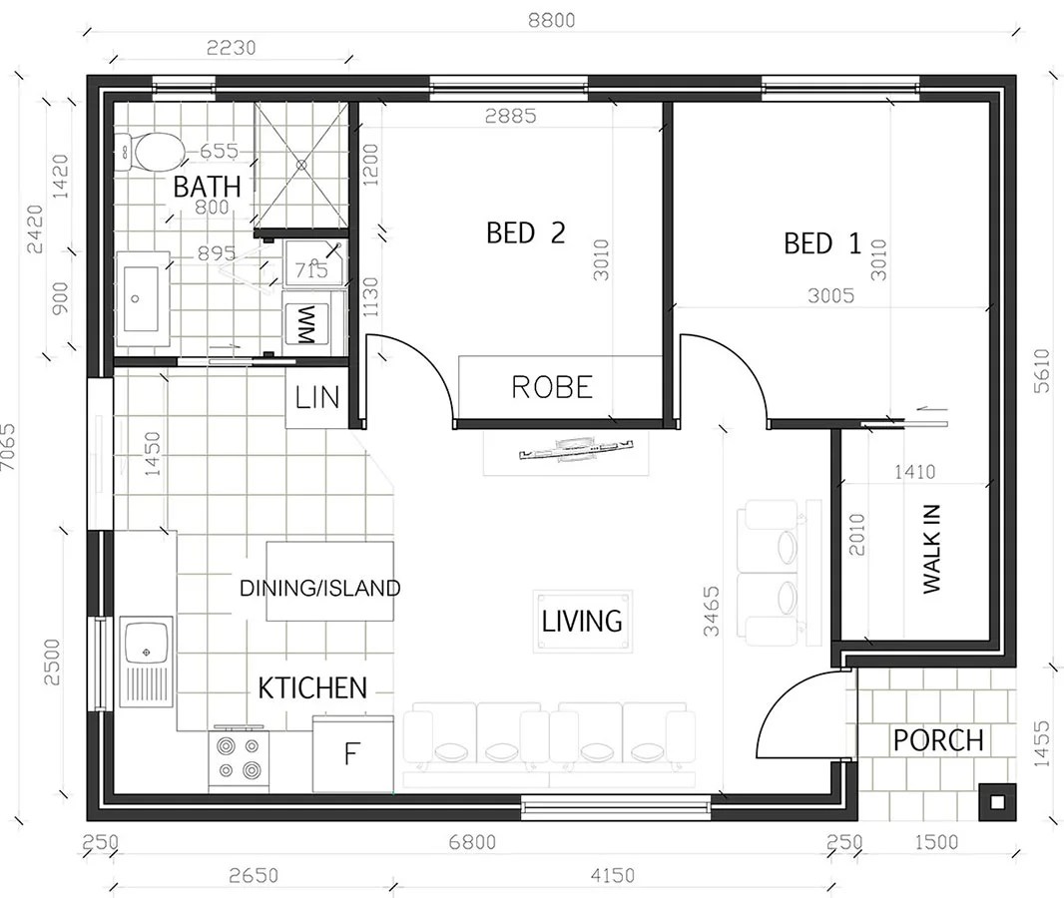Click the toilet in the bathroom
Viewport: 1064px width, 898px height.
point(153,153)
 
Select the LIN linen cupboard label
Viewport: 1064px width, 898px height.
point(317,398)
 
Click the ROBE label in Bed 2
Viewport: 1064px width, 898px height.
point(552,387)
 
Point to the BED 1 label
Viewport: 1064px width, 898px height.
point(821,243)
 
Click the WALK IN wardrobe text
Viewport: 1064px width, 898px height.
point(931,548)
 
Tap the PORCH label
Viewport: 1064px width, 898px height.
point(937,740)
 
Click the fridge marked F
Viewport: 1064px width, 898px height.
point(351,753)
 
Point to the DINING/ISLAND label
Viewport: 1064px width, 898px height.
point(319,588)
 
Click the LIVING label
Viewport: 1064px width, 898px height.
point(582,621)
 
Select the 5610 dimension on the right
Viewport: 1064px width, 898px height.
point(1043,370)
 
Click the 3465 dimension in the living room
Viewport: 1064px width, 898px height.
point(711,611)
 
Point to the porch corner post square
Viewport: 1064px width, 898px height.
point(996,800)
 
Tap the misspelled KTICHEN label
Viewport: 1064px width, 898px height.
point(312,687)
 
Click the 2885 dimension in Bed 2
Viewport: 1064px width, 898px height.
point(510,116)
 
